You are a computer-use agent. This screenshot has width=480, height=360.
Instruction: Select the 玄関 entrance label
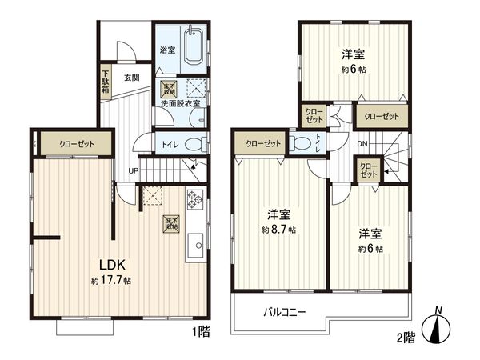click(x=132, y=78)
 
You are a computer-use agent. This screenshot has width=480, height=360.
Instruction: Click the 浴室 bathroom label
click(x=166, y=50)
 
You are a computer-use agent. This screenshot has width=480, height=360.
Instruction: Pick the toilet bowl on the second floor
click(x=300, y=144)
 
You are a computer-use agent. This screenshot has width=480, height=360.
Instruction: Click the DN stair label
click(x=362, y=144)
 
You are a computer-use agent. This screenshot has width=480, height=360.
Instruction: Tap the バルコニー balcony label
click(x=285, y=312)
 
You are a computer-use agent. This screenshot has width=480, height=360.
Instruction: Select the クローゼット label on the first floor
click(x=74, y=144)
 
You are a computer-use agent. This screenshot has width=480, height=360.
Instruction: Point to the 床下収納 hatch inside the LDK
click(x=170, y=223)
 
